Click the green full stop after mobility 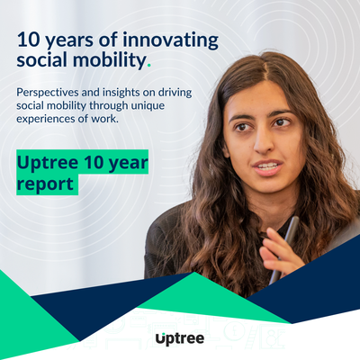[149, 66]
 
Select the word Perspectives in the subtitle [48, 93]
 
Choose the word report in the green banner [45, 184]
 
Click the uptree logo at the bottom [180, 338]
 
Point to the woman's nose [264, 142]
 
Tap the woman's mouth [267, 166]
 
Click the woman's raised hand [277, 250]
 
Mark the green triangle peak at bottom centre [194, 273]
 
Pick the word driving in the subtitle [175, 93]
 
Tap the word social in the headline [42, 60]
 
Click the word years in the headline [69, 41]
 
